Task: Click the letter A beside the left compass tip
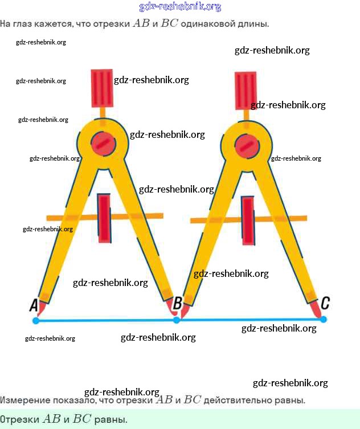(34, 306)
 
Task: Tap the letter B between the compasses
(177, 303)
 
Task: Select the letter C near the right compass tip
(325, 303)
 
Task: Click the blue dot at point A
(36, 321)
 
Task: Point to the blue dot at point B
(177, 320)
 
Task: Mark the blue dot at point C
(324, 320)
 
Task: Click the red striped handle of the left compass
(103, 88)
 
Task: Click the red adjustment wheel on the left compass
(104, 218)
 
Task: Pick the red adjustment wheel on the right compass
(247, 221)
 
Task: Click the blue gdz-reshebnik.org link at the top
(180, 7)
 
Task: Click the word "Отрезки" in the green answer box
(20, 419)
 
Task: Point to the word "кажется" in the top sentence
(54, 24)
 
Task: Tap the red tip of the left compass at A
(41, 308)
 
